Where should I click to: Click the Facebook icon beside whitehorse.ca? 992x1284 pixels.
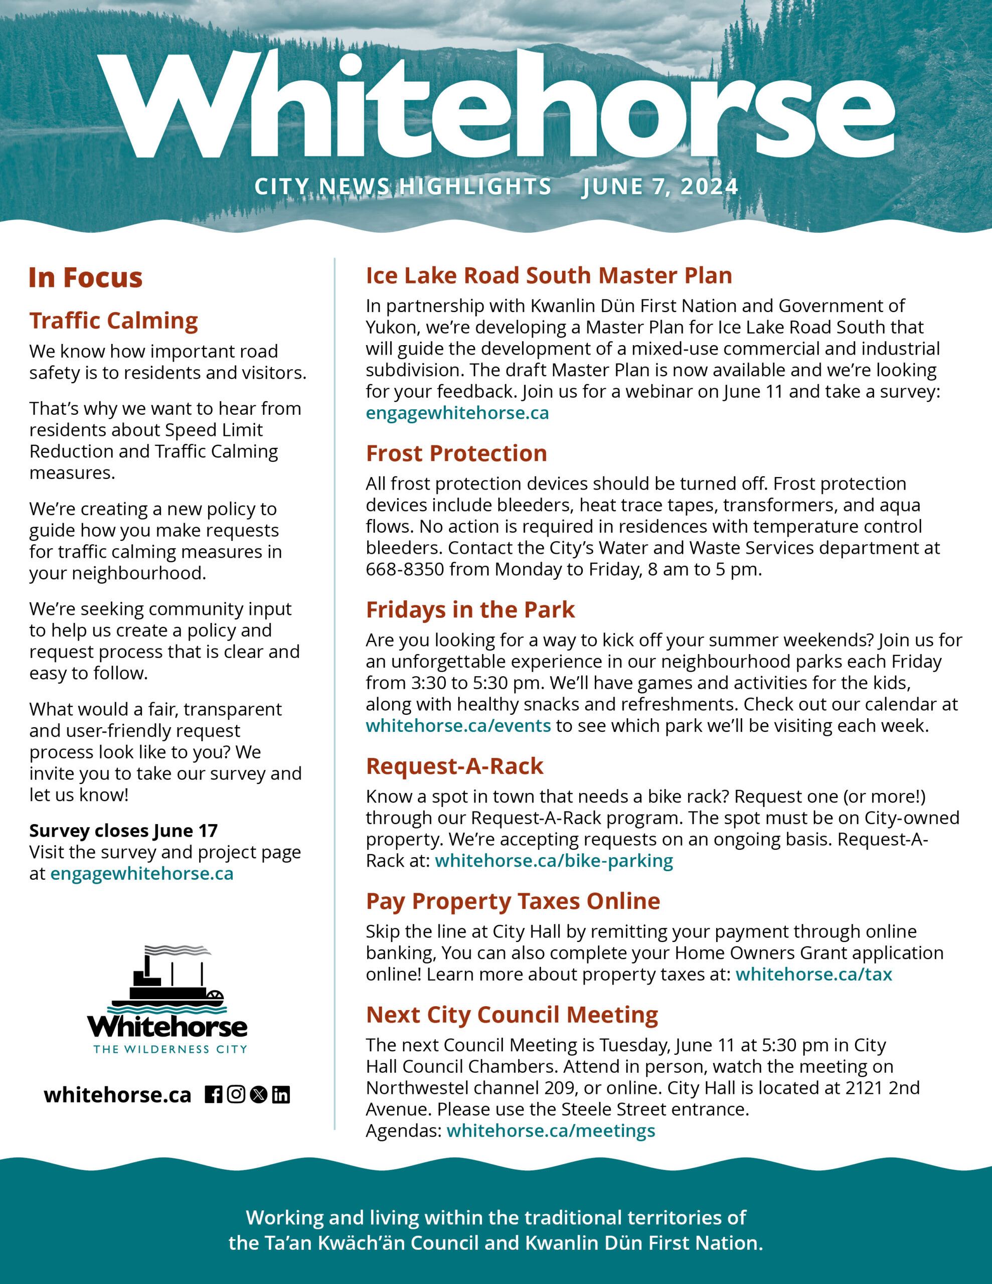[x=214, y=1095]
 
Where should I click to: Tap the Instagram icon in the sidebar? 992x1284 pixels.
[x=236, y=1095]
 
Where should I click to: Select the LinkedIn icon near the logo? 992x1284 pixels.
[x=281, y=1095]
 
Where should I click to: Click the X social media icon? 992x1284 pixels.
[x=259, y=1095]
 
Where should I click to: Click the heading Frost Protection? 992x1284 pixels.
[x=456, y=453]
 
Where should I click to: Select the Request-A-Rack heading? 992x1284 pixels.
[x=454, y=766]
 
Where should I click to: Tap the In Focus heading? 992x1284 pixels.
[x=86, y=277]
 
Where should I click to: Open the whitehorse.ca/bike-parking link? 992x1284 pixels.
[x=554, y=861]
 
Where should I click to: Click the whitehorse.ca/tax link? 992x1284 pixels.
[x=814, y=974]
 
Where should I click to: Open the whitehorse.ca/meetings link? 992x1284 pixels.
[x=551, y=1131]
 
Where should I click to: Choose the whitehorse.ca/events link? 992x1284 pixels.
[x=458, y=725]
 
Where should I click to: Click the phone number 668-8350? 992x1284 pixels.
[x=405, y=569]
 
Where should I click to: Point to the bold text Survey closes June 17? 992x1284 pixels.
[x=123, y=831]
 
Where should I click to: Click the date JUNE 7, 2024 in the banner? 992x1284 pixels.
[x=660, y=187]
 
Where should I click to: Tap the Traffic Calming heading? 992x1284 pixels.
[x=113, y=321]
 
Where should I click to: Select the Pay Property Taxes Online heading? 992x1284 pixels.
[x=513, y=901]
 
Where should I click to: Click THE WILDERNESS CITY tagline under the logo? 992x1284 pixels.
[x=170, y=1049]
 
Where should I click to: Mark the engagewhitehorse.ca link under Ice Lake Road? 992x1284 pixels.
[x=457, y=413]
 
